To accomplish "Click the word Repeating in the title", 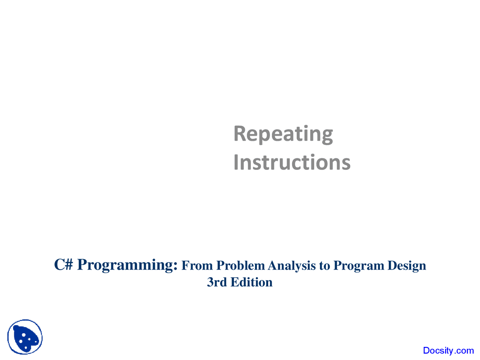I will click(x=283, y=134).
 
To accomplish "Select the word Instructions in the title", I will click(x=292, y=162).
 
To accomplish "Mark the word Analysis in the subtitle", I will click(x=291, y=265).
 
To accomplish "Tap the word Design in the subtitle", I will click(x=406, y=265).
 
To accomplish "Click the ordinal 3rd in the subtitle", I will click(x=217, y=282).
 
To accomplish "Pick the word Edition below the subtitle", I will click(x=251, y=282).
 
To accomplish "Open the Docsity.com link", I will click(x=448, y=351).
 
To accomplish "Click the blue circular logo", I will click(x=25, y=337).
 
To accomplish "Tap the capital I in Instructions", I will click(x=236, y=162).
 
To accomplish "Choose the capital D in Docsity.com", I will click(x=426, y=351).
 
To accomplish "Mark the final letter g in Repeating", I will click(x=327, y=135).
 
